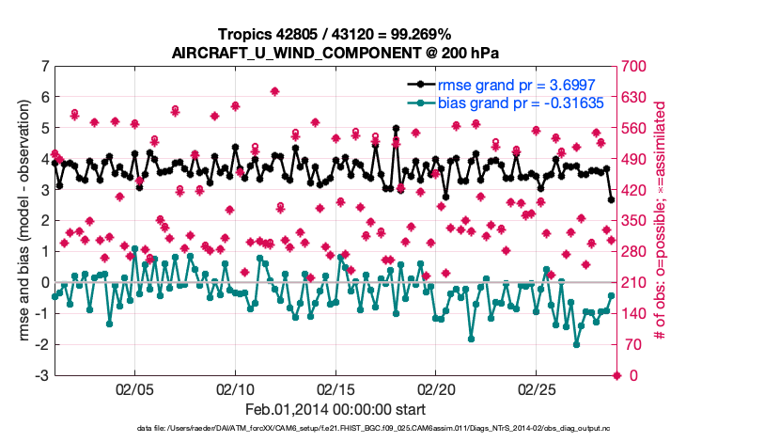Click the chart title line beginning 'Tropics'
click(x=335, y=35)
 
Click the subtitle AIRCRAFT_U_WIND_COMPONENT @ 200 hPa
click(x=335, y=53)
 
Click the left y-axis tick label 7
click(x=44, y=67)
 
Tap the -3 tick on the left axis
click(x=41, y=376)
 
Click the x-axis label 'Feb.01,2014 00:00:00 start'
click(x=335, y=410)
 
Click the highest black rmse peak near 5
click(x=397, y=129)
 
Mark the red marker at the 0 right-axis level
click(x=616, y=376)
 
